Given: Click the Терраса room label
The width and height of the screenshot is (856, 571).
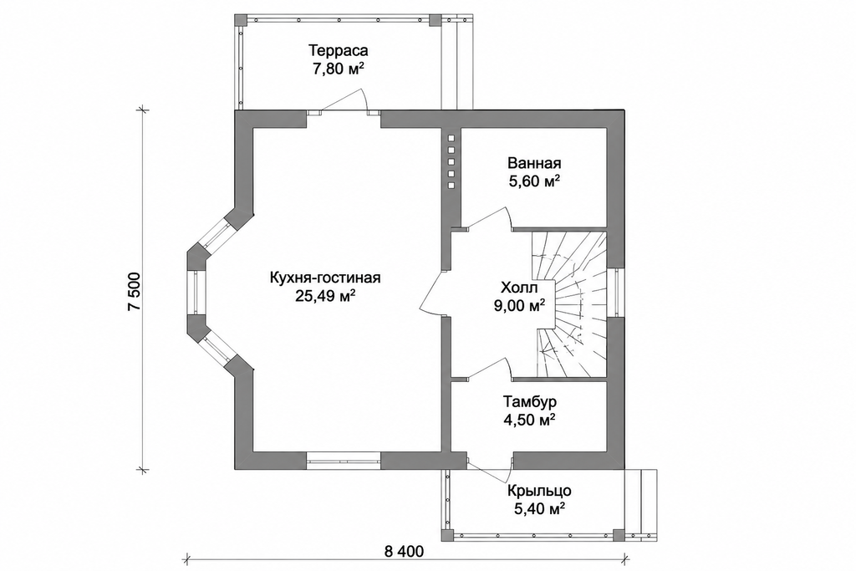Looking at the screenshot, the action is tap(339, 51).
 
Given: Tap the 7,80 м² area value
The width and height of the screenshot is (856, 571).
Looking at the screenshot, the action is tap(339, 70).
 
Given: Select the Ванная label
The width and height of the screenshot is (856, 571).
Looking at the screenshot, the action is tap(534, 163).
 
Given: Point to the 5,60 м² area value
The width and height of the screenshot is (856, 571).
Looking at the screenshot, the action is tap(534, 181).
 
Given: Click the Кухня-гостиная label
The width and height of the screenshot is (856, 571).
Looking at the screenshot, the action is tap(325, 278).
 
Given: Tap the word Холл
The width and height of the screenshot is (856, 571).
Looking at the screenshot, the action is tap(519, 288).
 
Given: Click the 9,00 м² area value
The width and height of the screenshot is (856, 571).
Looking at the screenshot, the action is tap(520, 306).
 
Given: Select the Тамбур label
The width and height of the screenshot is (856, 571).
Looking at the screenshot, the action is tap(530, 402).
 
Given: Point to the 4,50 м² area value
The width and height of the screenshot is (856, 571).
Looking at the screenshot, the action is tap(530, 421).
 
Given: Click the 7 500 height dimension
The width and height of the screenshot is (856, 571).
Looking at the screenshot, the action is tap(135, 292).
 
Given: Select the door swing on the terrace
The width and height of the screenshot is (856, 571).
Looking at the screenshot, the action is tap(344, 101).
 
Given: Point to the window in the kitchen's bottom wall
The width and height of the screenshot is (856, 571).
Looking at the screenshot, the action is tap(344, 461).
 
